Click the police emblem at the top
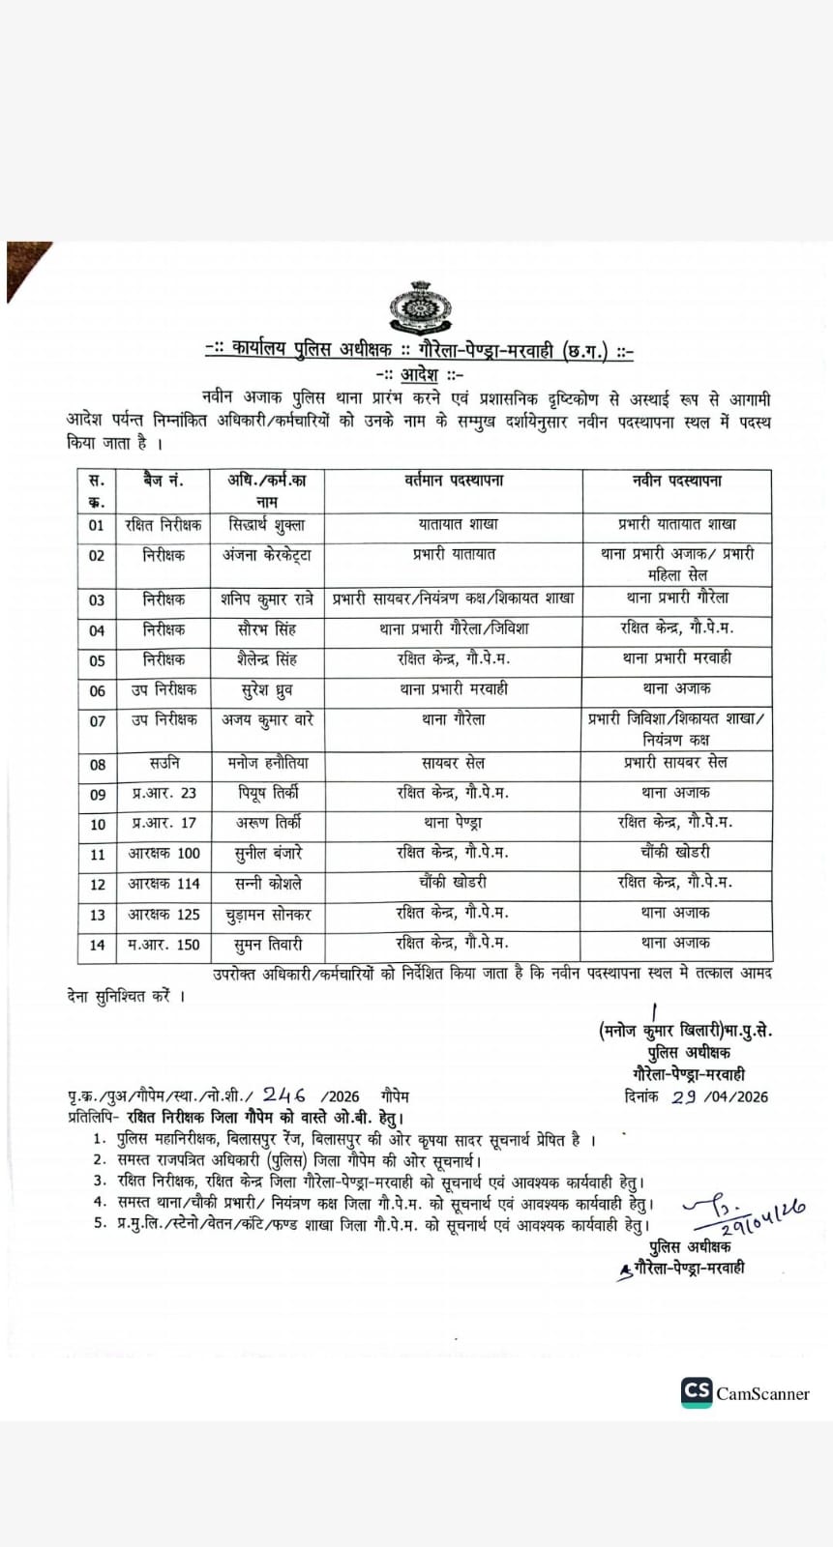(420, 306)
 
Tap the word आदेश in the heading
(420, 374)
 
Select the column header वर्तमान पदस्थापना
(453, 481)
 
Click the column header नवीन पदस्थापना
(676, 481)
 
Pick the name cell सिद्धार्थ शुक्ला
(267, 525)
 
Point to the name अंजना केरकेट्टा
(267, 556)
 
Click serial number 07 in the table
(97, 720)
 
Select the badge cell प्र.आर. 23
(164, 793)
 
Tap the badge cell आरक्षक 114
(164, 883)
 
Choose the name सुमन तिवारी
(268, 944)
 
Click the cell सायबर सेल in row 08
(453, 763)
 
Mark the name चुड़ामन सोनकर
(268, 914)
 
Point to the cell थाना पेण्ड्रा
(453, 823)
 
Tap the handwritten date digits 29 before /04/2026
(684, 1095)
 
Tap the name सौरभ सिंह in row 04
(267, 629)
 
